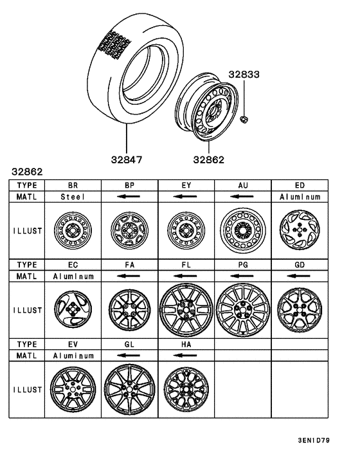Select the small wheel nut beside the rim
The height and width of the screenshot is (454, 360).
tap(245, 119)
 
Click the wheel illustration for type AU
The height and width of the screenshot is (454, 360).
tap(242, 230)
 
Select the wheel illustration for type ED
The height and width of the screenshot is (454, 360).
tap(299, 230)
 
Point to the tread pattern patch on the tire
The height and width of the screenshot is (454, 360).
tap(112, 45)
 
